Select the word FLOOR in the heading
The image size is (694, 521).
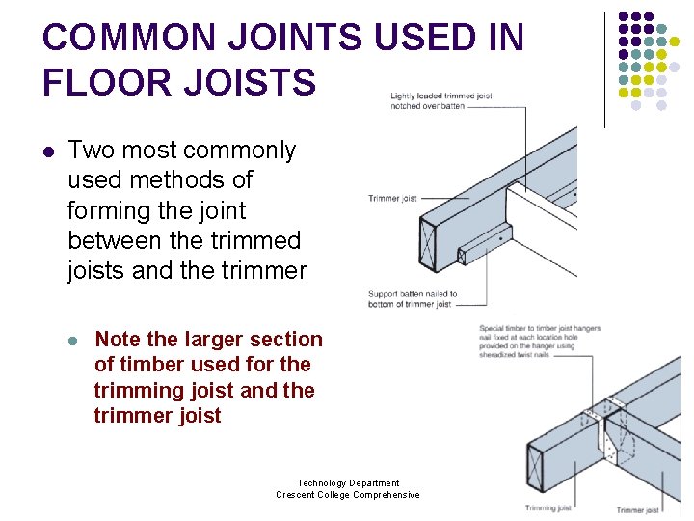101,83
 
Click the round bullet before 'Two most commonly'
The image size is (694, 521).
48,151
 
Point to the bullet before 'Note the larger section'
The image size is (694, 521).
73,341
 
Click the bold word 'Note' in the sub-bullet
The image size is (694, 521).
118,340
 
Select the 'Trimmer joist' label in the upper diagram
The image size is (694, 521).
392,199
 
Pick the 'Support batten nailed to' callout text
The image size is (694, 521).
413,294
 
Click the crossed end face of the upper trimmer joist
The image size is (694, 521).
430,245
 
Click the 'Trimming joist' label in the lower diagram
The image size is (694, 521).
547,508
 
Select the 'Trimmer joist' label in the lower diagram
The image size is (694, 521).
637,510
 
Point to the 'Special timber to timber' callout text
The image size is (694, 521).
540,329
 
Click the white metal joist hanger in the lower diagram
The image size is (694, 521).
609,434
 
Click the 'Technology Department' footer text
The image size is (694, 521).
348,483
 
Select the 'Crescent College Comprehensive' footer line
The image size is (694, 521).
348,495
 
